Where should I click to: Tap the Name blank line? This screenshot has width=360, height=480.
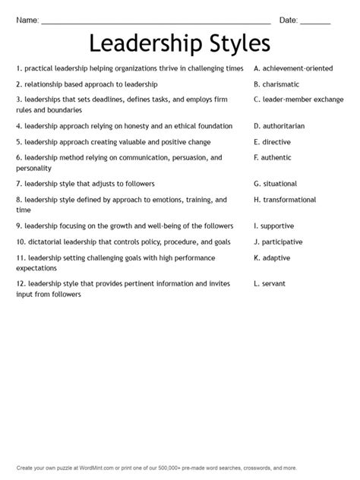156,21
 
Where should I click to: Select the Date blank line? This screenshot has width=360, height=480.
314,21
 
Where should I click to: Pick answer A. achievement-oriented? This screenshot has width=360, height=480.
293,68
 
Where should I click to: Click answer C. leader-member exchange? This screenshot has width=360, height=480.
298,99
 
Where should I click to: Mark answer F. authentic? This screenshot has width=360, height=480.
273,157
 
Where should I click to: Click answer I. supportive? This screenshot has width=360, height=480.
274,226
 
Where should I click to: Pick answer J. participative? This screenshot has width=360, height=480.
278,242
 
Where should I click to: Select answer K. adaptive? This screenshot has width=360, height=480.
273,257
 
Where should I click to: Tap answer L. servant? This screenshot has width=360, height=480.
270,283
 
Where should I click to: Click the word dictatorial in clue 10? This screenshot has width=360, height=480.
47,242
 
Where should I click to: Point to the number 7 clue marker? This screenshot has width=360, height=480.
17,184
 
